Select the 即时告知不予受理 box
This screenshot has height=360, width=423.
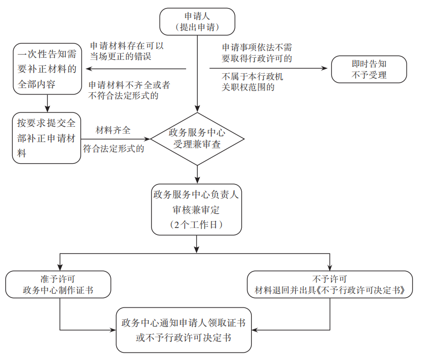[369, 69]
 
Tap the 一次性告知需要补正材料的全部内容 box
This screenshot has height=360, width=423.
[47, 69]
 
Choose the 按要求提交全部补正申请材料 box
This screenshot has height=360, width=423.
[47, 138]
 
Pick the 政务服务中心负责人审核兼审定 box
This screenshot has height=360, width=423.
[197, 209]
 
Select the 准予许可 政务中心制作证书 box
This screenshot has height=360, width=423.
[58, 284]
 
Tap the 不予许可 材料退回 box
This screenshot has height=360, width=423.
[330, 284]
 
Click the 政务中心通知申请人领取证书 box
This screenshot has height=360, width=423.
[183, 330]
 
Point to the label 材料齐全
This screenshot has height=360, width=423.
[113, 130]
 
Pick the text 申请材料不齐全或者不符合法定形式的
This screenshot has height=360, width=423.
[129, 90]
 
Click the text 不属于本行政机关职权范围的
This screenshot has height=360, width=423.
[252, 82]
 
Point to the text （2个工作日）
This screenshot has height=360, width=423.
[197, 224]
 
